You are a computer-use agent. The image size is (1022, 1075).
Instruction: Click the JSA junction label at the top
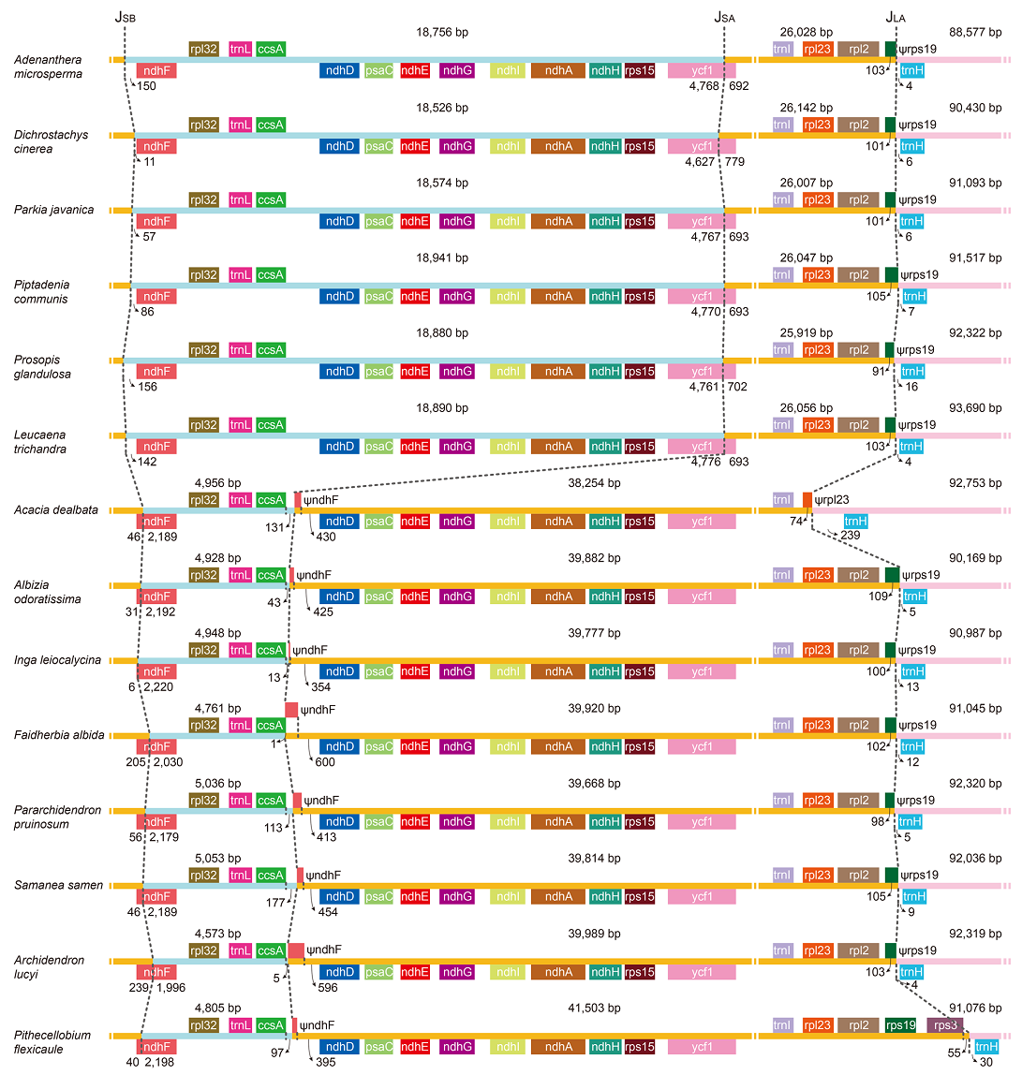tap(724, 16)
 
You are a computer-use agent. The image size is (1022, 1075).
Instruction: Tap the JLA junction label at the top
tap(896, 16)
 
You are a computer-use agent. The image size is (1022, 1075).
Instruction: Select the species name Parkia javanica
tap(53, 210)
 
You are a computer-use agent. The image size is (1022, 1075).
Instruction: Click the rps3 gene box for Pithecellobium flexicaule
tap(943, 1024)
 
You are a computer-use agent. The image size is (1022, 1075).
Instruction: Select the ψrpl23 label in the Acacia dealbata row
tap(839, 500)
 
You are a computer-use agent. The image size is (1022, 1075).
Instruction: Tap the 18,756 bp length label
tap(442, 32)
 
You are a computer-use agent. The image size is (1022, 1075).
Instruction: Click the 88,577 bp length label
tap(974, 32)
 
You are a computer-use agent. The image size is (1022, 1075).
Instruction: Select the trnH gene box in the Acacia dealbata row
tap(855, 522)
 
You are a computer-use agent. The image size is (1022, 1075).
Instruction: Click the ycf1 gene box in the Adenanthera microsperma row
tap(702, 71)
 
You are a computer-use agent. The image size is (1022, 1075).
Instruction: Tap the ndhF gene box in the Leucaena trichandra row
tap(156, 447)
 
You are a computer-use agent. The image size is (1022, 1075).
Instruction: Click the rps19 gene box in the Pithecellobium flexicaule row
tap(900, 1024)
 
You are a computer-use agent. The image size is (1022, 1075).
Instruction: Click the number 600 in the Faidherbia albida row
tap(325, 761)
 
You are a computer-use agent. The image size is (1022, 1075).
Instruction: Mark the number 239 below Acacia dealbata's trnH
tap(851, 535)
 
